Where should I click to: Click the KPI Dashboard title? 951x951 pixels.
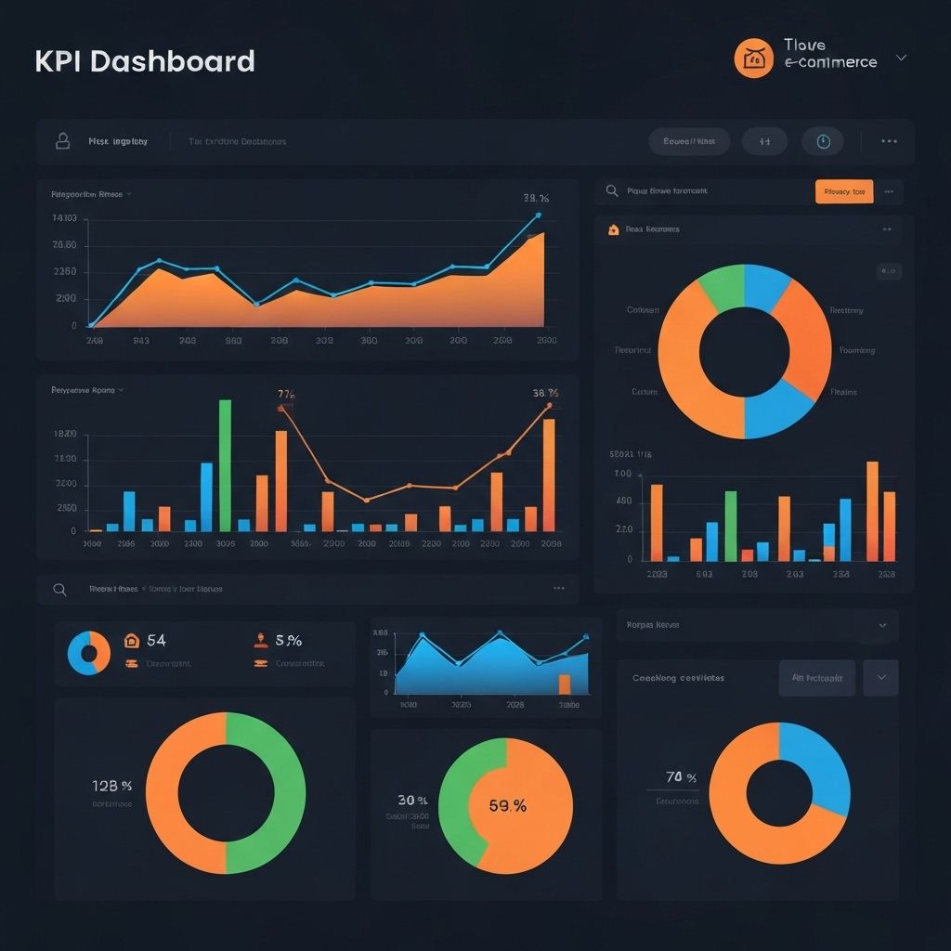[x=145, y=61]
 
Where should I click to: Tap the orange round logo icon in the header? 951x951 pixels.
[x=753, y=59]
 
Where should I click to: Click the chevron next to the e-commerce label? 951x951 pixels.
[x=900, y=58]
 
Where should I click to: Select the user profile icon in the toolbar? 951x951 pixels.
[x=63, y=141]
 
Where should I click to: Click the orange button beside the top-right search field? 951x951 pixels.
[x=843, y=191]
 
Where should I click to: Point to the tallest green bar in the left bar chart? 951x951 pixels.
[x=225, y=464]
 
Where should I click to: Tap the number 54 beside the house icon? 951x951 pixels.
[x=156, y=640]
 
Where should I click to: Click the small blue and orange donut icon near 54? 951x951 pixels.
[x=89, y=653]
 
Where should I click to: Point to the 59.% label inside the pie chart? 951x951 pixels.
[x=507, y=806]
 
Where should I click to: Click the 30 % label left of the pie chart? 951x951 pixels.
[x=412, y=800]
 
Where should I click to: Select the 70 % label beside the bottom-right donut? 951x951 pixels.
[x=681, y=777]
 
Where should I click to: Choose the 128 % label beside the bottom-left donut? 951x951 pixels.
[x=112, y=785]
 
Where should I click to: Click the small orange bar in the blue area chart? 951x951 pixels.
[x=564, y=684]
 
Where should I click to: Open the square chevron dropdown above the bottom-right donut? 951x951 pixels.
[x=880, y=678]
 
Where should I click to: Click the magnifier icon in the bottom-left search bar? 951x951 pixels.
[x=60, y=589]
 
